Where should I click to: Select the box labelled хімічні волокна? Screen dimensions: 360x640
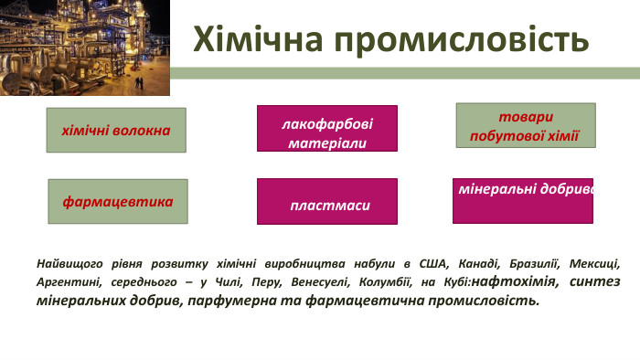(x=116, y=130)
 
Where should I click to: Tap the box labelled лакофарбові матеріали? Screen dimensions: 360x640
(x=326, y=129)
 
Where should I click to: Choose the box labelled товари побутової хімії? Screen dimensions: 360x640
(x=525, y=125)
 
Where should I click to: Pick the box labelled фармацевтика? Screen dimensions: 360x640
(x=117, y=201)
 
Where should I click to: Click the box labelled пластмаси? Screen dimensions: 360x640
(x=326, y=201)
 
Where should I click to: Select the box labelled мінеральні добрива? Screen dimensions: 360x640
(x=523, y=200)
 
